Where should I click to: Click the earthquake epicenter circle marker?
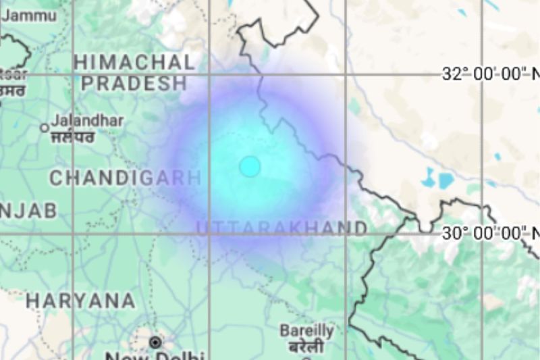click(x=250, y=166)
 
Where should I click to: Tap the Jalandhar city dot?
click(x=45, y=127)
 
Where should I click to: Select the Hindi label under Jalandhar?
click(x=73, y=137)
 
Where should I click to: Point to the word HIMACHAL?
click(x=134, y=62)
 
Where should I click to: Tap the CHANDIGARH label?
click(x=126, y=178)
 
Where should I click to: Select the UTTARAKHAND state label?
click(x=282, y=228)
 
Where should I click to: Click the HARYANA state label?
click(x=80, y=301)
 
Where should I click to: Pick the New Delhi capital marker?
click(x=156, y=342)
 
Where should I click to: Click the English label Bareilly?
click(x=307, y=331)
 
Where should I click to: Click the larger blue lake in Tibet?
click(x=446, y=180)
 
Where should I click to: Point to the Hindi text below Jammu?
click(x=12, y=89)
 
